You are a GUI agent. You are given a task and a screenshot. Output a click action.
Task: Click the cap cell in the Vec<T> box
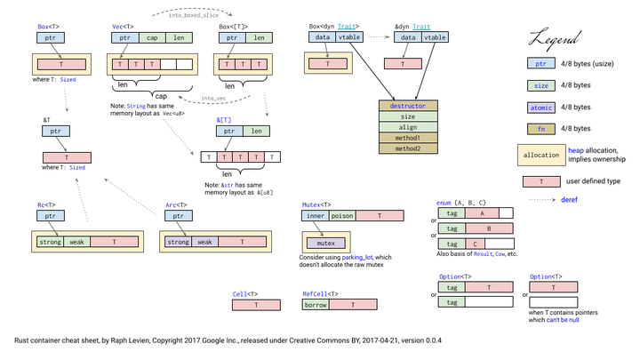pos(152,38)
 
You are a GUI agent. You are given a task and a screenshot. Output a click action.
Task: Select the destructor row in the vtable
pos(408,106)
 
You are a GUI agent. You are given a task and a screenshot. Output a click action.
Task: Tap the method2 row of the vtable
pos(408,148)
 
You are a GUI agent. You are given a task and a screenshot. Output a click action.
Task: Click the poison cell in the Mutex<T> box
pos(342,216)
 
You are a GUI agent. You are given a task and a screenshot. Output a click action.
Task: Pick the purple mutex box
pos(325,243)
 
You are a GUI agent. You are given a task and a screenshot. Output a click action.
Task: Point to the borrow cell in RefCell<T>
pos(316,305)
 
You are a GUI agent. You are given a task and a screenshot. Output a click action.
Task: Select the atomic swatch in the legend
pos(540,108)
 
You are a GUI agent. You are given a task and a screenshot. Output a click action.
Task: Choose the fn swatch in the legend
pos(540,129)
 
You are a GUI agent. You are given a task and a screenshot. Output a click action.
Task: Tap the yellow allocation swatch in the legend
pos(541,155)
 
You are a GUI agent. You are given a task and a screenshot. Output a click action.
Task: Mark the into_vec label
pos(213,99)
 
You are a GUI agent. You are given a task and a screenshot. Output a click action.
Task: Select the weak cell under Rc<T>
pos(76,242)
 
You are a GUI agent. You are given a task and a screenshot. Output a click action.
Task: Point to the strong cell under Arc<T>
pos(178,242)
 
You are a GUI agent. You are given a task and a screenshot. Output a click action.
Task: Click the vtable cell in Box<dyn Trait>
pos(350,38)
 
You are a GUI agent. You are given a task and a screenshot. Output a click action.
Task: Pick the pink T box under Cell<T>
pos(256,305)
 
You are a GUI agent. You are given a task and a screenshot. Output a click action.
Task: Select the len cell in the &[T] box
pos(256,131)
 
